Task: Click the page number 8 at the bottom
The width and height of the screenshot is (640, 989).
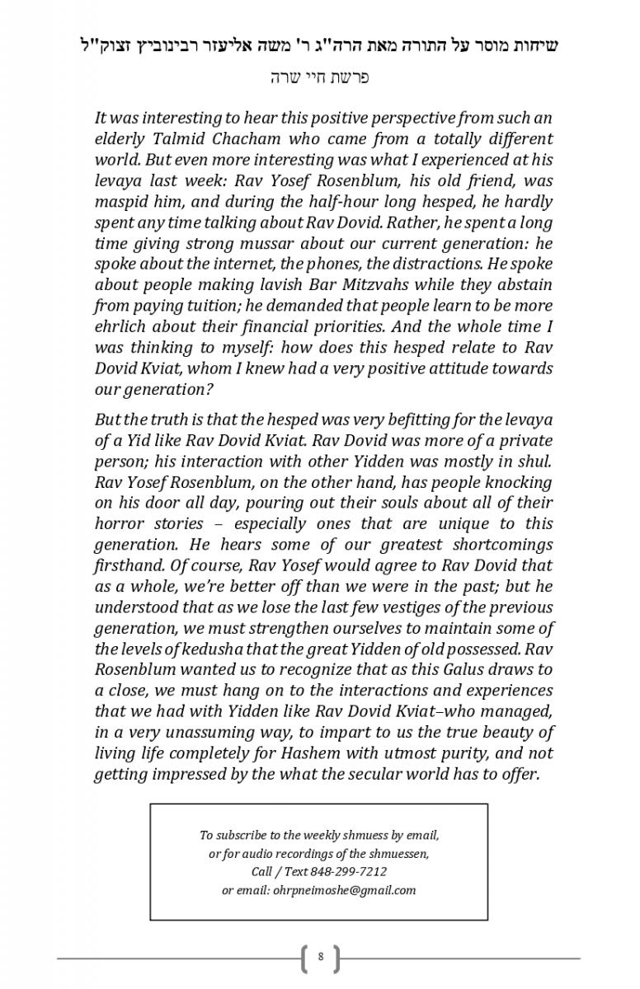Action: click(320, 957)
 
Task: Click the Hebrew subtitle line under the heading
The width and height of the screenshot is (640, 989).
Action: click(319, 77)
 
